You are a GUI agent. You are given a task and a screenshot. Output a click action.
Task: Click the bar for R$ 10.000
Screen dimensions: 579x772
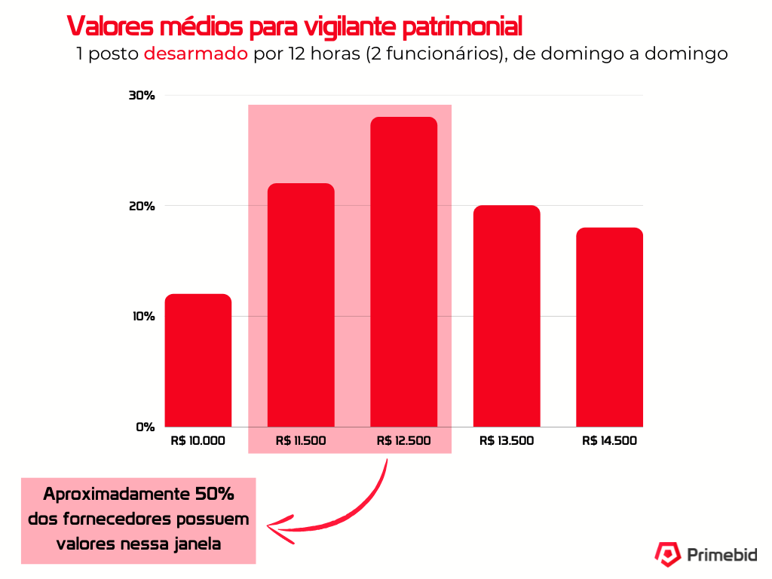198,360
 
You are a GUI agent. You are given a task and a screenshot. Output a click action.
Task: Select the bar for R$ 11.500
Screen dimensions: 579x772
301,305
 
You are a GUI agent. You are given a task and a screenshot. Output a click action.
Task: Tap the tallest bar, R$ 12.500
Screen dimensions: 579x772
403,272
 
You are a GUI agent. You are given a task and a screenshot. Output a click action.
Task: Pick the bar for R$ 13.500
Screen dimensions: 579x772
507,316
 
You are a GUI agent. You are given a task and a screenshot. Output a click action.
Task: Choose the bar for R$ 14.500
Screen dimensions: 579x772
609,327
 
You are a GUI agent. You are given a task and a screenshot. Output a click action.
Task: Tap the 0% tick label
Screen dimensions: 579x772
145,427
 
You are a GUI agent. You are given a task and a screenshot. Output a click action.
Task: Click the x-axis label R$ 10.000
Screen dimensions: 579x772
198,441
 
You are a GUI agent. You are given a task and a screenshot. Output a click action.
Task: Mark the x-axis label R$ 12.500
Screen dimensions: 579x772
403,441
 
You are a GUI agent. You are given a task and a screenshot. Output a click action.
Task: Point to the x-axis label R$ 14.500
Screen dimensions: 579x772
609,441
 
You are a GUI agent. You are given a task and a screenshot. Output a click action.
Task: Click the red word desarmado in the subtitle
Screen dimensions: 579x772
195,54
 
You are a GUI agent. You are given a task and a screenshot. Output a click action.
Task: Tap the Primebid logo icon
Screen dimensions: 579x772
666,554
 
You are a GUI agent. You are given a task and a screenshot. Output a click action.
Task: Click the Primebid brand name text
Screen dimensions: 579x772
722,555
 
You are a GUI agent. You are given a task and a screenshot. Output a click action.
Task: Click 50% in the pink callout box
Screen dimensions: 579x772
214,495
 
